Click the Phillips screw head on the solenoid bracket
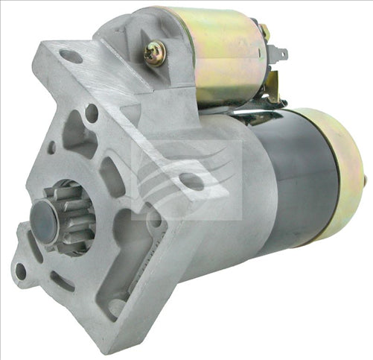pyautogui.click(x=156, y=52)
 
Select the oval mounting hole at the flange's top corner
pyautogui.click(x=71, y=56)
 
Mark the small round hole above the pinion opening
pyautogui.click(x=92, y=114)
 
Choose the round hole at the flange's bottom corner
pyautogui.click(x=116, y=306)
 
